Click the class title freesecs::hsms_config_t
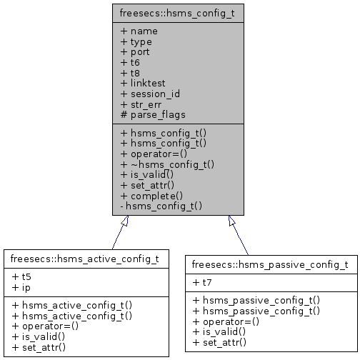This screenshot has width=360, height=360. (x=179, y=12)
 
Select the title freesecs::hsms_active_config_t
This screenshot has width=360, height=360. (x=86, y=257)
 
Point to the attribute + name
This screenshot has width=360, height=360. (x=139, y=31)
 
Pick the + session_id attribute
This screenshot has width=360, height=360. (x=150, y=94)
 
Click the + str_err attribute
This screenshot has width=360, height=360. (x=144, y=104)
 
